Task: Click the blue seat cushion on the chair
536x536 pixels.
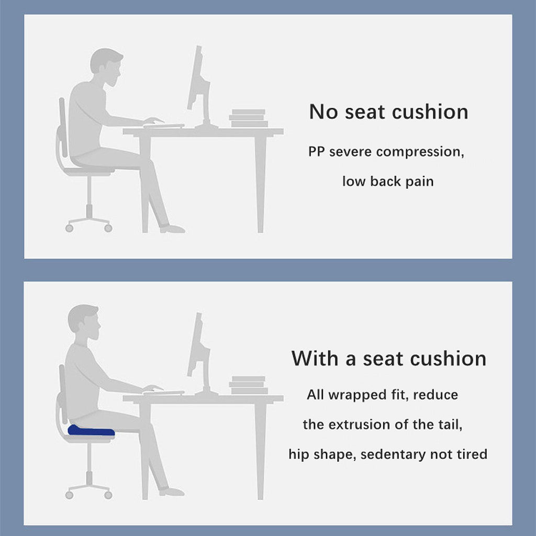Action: tap(91, 431)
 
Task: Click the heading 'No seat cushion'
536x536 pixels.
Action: tap(389, 112)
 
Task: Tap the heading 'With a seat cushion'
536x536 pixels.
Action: tap(389, 359)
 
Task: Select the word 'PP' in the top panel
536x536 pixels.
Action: tap(316, 152)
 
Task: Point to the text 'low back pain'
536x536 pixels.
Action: tap(388, 181)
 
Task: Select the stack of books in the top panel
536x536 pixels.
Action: tap(248, 118)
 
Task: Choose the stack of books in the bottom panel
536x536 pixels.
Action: tap(248, 385)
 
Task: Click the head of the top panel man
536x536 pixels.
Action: tap(106, 67)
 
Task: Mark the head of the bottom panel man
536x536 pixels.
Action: tap(84, 322)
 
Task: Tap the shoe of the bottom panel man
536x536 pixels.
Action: tap(172, 492)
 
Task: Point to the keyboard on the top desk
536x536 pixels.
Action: tap(164, 126)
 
